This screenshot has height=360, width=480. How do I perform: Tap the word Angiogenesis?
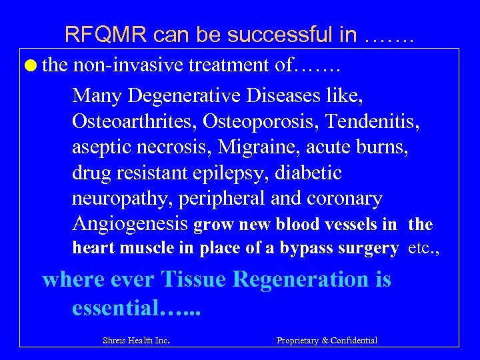[x=130, y=225]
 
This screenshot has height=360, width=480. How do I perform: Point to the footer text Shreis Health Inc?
[x=136, y=341]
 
